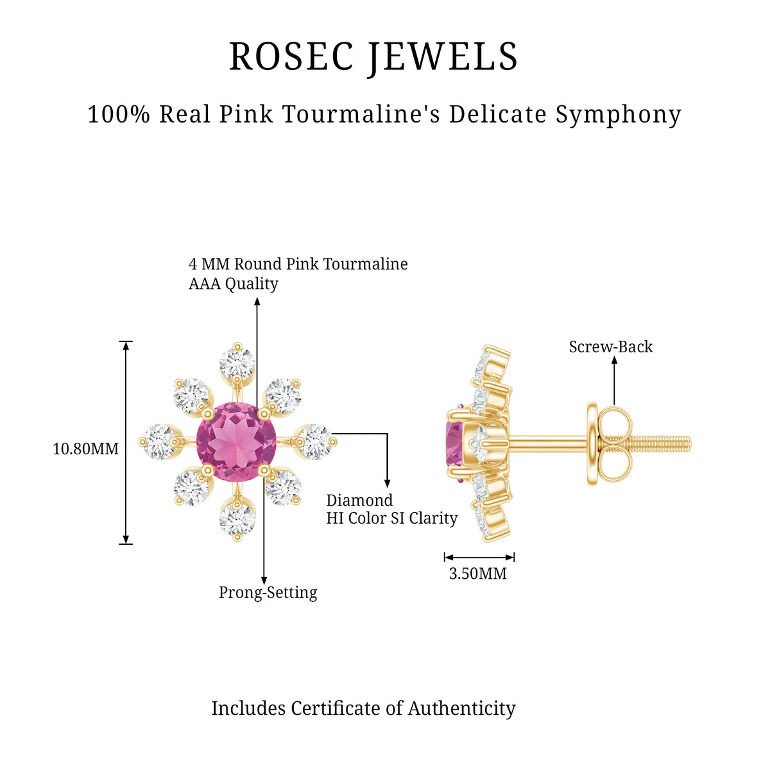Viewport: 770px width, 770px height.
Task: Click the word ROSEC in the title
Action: pyautogui.click(x=291, y=56)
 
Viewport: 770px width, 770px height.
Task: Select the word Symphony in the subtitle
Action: pyautogui.click(x=618, y=115)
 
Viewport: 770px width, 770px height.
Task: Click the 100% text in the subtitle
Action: pyautogui.click(x=119, y=114)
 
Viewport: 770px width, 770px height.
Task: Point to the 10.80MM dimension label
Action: pyautogui.click(x=85, y=449)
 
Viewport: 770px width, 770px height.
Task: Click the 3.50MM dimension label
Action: pyautogui.click(x=477, y=574)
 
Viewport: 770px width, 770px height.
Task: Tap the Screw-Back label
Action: pyautogui.click(x=611, y=347)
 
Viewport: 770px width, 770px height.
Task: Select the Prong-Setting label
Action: pyautogui.click(x=268, y=593)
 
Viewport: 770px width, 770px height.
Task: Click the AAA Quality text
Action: pyautogui.click(x=234, y=284)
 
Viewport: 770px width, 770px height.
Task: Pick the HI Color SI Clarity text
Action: pyautogui.click(x=391, y=518)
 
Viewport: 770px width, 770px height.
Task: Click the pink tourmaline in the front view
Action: pyautogui.click(x=236, y=441)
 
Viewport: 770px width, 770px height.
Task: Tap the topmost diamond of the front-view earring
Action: pyautogui.click(x=237, y=363)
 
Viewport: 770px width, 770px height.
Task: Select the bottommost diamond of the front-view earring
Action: pyautogui.click(x=237, y=520)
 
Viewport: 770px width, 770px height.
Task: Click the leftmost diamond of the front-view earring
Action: pyautogui.click(x=158, y=441)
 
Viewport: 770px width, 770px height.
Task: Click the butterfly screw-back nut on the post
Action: pyautogui.click(x=608, y=444)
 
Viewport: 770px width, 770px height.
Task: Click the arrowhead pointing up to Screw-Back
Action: pyautogui.click(x=614, y=359)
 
